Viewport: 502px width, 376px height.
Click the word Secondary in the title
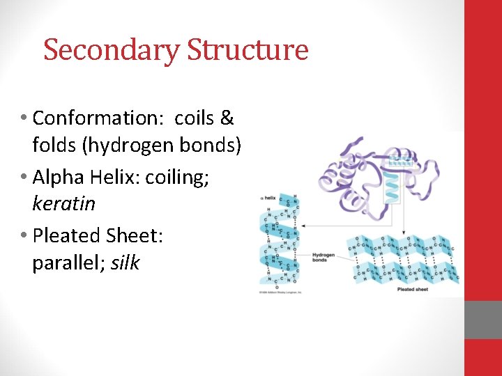(x=111, y=51)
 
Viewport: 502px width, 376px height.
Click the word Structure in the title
(x=247, y=51)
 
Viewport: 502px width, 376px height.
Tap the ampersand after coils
(x=227, y=118)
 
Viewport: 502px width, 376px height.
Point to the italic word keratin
(x=63, y=205)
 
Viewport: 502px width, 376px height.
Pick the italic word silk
(x=125, y=263)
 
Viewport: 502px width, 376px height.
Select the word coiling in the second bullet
(x=178, y=177)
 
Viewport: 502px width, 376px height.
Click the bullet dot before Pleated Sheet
(x=24, y=235)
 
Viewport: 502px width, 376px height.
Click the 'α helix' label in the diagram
(x=268, y=198)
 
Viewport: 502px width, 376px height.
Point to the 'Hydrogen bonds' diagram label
(x=324, y=258)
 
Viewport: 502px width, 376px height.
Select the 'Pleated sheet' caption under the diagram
(x=413, y=290)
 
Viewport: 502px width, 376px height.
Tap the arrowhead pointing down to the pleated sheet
(x=402, y=233)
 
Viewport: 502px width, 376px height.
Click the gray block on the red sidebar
(x=483, y=320)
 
